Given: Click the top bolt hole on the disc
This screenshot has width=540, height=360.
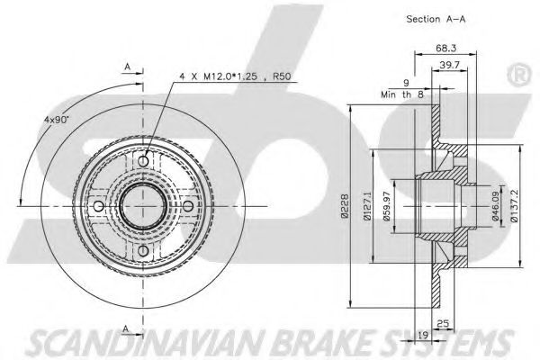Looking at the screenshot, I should point(143,160).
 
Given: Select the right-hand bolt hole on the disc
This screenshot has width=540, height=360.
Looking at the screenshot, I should point(187,205).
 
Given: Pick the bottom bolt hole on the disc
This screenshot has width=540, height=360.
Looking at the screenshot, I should point(143,250).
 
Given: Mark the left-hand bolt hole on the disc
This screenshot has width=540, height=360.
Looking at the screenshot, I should point(98,205).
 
